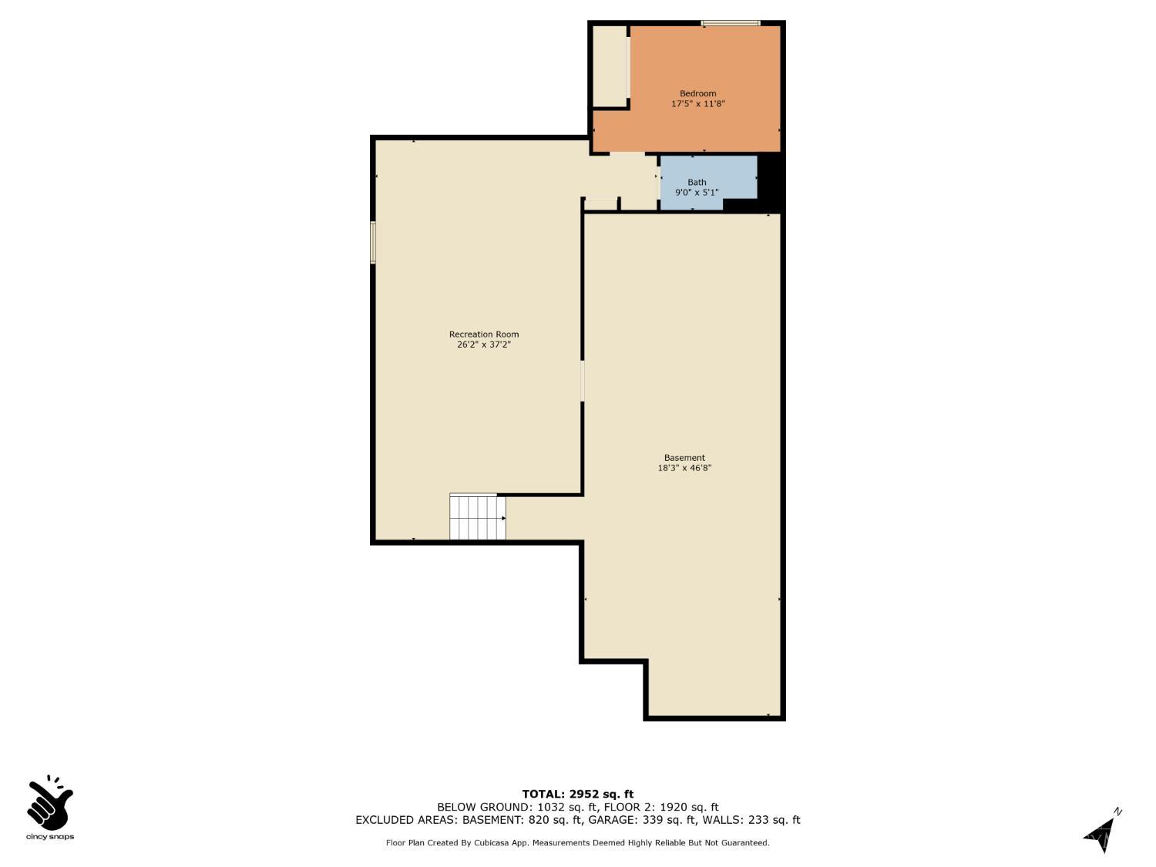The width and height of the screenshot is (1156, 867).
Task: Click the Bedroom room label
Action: click(697, 93)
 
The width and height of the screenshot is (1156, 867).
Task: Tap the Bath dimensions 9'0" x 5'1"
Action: click(697, 193)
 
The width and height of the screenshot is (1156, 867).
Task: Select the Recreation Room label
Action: click(484, 334)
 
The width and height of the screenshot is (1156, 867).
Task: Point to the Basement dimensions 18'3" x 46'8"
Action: click(684, 468)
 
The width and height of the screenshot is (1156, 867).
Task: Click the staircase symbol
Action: click(478, 517)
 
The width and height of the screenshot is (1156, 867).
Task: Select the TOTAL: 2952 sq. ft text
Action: click(577, 794)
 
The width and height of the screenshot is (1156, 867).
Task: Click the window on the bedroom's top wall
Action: click(730, 24)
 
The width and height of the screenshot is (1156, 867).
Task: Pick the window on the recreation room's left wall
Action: click(373, 243)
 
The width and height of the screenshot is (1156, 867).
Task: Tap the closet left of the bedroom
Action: click(610, 66)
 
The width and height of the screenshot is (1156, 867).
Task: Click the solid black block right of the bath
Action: click(771, 181)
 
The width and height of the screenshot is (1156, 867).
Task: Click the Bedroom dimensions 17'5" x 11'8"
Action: click(697, 104)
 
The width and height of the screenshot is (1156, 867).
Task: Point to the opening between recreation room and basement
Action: click(583, 380)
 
